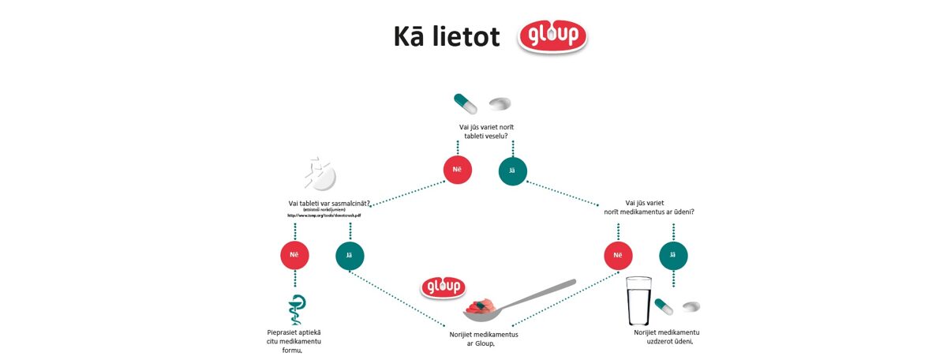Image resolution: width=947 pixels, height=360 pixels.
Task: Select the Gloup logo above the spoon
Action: [444, 287]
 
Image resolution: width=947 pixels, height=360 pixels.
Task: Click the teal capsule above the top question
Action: [465, 103]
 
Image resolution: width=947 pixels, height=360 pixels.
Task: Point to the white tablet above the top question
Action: [500, 103]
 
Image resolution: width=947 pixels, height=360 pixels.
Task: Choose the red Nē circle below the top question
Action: [458, 170]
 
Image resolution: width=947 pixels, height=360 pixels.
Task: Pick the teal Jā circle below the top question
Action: [513, 170]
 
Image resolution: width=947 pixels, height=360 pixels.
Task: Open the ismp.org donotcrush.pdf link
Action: [324, 215]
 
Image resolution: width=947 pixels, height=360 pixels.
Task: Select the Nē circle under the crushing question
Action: [294, 254]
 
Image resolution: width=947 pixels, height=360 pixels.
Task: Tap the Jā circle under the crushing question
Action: [350, 254]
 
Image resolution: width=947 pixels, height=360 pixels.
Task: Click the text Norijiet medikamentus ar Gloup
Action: [484, 339]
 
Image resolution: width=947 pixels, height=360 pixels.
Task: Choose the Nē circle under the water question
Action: [618, 254]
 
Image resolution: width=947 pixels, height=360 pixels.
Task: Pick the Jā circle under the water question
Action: [673, 254]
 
